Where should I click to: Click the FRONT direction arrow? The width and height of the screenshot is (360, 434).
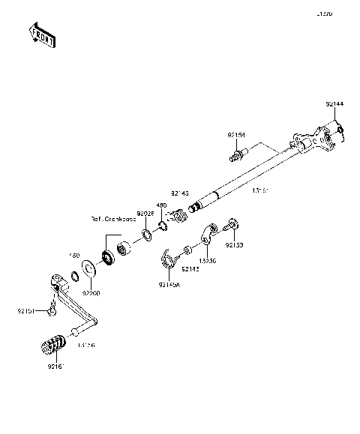41,34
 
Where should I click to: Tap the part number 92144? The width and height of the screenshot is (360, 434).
334,104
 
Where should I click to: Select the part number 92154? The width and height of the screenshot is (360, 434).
238,135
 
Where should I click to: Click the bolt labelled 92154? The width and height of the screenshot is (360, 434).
238,156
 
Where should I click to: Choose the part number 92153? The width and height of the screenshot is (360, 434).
235,245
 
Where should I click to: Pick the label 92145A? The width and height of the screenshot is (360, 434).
169,283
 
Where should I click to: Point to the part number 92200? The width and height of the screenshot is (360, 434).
91,293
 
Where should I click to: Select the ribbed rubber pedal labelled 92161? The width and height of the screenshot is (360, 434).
52,348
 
